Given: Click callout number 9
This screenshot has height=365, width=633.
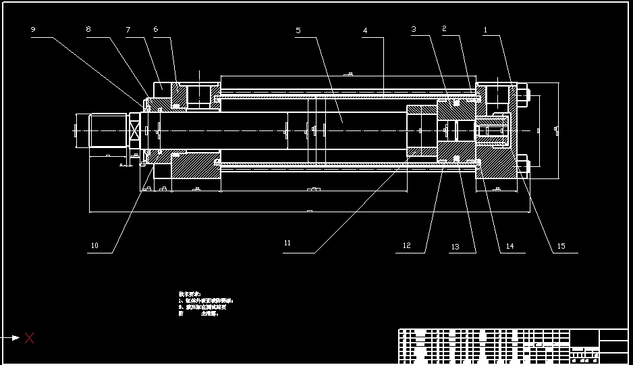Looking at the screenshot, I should [33, 30].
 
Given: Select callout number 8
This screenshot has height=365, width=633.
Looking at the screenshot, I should [88, 30].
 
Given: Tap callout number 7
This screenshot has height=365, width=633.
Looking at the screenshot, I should [128, 30].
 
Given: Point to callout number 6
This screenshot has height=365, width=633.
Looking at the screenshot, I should [156, 29].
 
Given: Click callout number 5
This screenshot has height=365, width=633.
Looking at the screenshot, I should [298, 30].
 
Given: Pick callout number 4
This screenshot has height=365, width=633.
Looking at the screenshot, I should [365, 31].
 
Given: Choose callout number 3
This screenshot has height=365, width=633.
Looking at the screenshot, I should [414, 29].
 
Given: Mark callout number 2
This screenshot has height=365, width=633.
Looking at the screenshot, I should [444, 28].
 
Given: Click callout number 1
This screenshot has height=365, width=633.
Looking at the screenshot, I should [485, 30].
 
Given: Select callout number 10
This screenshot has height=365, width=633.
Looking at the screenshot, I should [94, 246].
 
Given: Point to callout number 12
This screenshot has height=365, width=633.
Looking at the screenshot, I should [406, 246].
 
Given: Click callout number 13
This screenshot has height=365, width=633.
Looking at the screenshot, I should [455, 247].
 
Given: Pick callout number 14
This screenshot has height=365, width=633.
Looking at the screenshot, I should [510, 247].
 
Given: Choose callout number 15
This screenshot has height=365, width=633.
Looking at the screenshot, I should [561, 247].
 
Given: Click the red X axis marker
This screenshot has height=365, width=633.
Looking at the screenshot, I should [29, 338].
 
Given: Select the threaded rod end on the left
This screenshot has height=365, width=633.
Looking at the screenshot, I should [109, 129].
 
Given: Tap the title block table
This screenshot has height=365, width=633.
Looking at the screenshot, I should [513, 346].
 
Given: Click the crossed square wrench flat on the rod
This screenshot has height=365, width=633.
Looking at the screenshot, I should [134, 130].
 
